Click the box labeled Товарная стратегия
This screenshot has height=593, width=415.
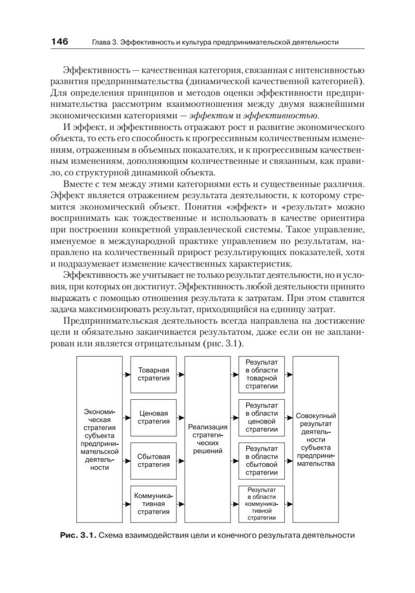tap(153, 374)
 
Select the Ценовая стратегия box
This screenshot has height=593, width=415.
tap(153, 418)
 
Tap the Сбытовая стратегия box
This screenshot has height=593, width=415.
tap(153, 461)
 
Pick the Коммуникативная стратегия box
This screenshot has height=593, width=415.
tap(153, 504)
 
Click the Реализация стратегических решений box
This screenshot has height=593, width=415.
tap(207, 439)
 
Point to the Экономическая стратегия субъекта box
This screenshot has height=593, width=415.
tap(100, 439)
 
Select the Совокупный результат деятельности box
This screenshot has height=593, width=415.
tap(316, 439)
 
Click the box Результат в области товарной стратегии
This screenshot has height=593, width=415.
tap(262, 374)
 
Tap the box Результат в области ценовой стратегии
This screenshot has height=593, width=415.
tap(262, 418)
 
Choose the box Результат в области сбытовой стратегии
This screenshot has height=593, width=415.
tap(262, 461)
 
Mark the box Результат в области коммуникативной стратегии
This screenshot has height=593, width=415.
tap(262, 504)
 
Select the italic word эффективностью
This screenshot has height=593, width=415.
tap(281, 116)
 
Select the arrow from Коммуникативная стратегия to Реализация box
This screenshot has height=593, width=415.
tap(181, 504)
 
